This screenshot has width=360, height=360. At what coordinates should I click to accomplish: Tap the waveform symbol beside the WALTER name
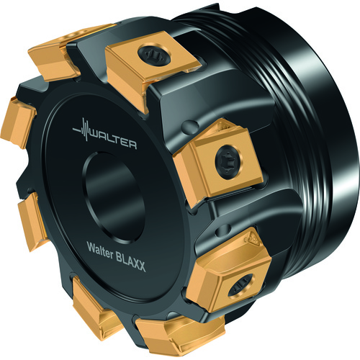(x=81, y=130)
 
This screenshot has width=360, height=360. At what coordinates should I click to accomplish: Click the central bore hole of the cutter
(x=113, y=196)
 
